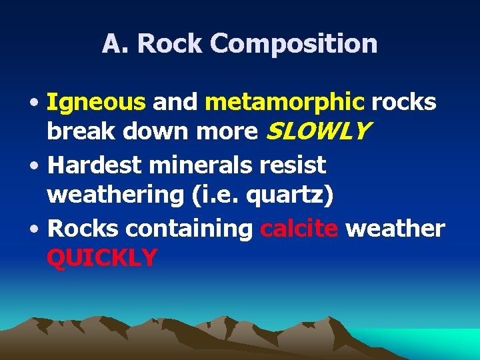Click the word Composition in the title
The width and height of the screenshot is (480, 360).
click(x=294, y=45)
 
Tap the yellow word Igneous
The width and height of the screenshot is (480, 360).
click(x=96, y=102)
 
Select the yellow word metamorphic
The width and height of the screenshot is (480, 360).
click(x=285, y=102)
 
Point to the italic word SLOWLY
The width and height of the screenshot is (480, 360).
click(x=317, y=132)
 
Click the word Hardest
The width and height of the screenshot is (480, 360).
click(x=95, y=164)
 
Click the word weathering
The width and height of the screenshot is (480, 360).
click(x=115, y=196)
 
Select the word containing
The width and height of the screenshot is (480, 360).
click(x=189, y=228)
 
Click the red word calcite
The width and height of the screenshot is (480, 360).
click(x=299, y=228)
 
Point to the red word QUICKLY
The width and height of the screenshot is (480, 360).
click(x=102, y=257)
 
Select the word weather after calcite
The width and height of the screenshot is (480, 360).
click(x=395, y=228)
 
